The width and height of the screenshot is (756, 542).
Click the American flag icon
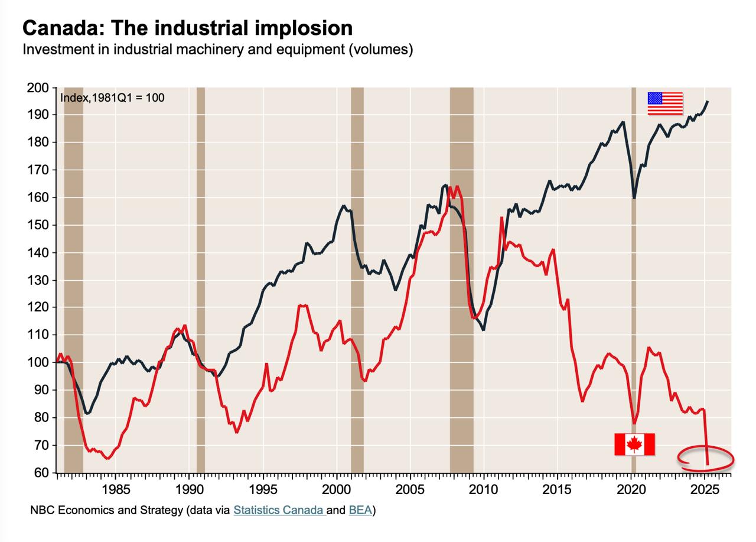click(665, 103)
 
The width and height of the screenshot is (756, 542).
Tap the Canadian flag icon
click(634, 444)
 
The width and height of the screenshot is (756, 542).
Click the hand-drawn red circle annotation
click(705, 459)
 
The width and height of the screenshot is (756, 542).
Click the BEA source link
click(360, 509)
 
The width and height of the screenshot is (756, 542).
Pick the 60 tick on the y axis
click(40, 473)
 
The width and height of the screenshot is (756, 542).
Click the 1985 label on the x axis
click(116, 489)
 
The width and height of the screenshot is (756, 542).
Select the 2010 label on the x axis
click(484, 489)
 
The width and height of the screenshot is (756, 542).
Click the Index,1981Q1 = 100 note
click(112, 98)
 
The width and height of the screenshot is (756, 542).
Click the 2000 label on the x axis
click(337, 489)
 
